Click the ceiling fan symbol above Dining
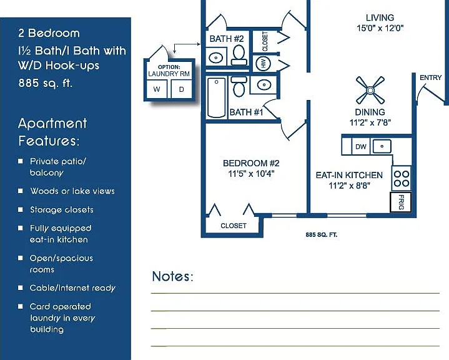(x=370, y=90)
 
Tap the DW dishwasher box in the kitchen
(x=361, y=147)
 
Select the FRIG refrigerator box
(x=401, y=202)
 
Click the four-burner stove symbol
(x=402, y=179)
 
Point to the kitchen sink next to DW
(x=382, y=146)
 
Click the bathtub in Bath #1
(x=216, y=97)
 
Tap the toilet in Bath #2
(x=239, y=56)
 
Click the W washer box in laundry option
(x=157, y=89)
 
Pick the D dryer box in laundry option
(x=182, y=89)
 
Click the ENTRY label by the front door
(x=430, y=77)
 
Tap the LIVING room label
(x=380, y=17)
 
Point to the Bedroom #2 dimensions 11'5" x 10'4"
(x=251, y=174)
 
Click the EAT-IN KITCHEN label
(x=349, y=175)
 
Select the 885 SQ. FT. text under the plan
(x=321, y=235)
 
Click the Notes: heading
(x=173, y=276)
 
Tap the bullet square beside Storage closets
(x=21, y=209)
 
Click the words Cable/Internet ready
(x=72, y=288)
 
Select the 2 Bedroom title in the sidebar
(x=49, y=33)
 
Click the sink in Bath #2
(x=216, y=57)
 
